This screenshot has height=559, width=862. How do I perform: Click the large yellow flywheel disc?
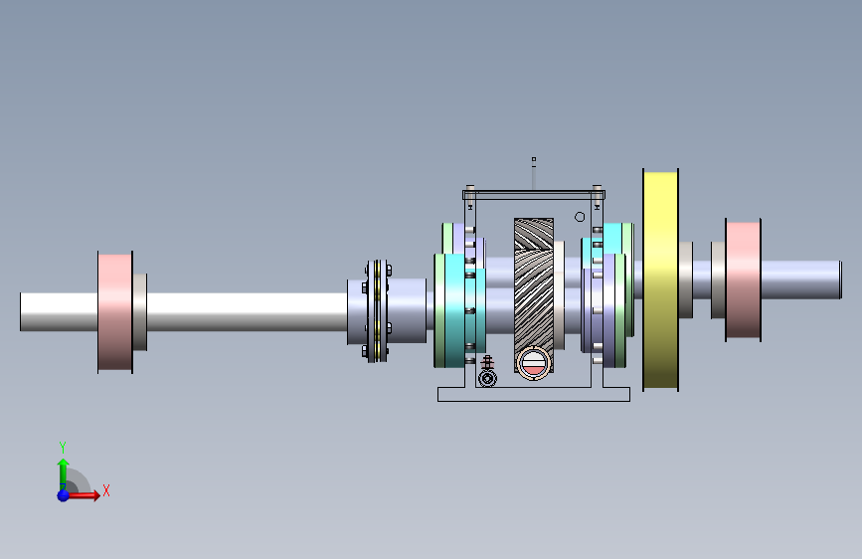tap(660, 280)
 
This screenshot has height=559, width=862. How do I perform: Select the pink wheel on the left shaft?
tap(115, 312)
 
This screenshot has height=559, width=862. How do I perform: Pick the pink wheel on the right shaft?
tap(744, 280)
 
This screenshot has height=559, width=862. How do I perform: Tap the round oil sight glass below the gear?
tap(533, 363)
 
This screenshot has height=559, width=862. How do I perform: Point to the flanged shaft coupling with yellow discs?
tap(377, 311)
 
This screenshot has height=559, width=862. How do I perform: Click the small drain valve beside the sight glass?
tap(487, 373)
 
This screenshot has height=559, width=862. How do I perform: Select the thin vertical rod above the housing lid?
tap(533, 173)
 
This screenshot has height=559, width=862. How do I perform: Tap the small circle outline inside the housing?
tap(580, 217)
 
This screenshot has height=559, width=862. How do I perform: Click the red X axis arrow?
tap(84, 495)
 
